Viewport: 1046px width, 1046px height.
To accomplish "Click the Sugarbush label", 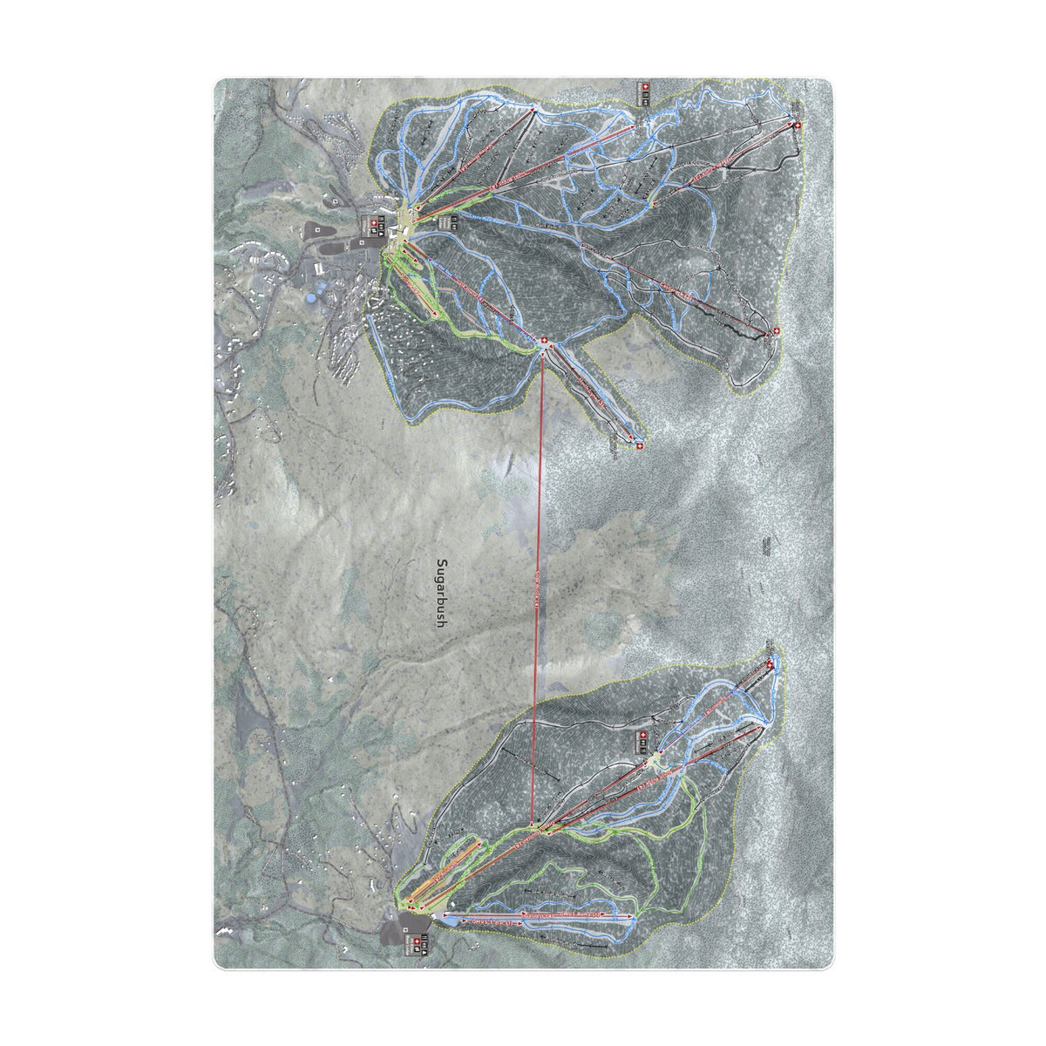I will point(441,594).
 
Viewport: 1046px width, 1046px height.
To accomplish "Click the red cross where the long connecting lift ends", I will point(546,341).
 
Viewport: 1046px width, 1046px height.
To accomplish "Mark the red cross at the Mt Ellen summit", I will point(771,665).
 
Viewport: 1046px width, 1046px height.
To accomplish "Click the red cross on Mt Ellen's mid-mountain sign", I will point(643,737).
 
